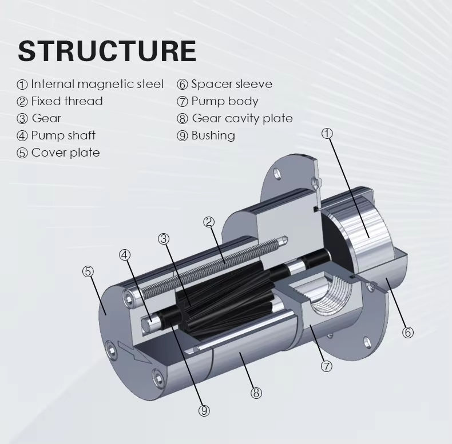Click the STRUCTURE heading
(107, 51)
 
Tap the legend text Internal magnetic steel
(97, 84)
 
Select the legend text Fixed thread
(67, 101)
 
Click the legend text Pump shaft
(63, 135)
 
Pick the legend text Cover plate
(65, 153)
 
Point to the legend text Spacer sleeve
(232, 84)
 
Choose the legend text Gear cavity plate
(242, 118)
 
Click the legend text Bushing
(213, 135)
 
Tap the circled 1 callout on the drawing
(327, 133)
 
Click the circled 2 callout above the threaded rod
(209, 222)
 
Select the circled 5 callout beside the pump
(88, 271)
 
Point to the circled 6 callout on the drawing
(407, 332)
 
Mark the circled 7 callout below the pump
(327, 366)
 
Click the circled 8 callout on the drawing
(256, 393)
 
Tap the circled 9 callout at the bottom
(204, 411)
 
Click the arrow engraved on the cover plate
(134, 353)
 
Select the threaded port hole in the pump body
(331, 293)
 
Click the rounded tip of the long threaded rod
(284, 240)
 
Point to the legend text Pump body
(225, 101)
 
